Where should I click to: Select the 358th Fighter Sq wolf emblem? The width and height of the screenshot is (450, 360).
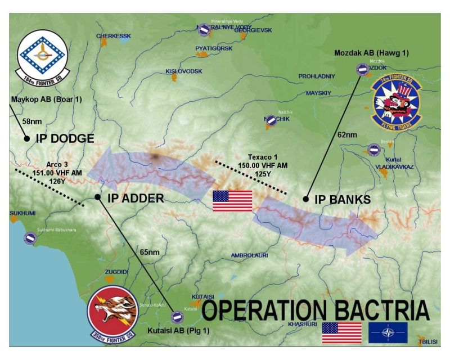tap(112, 313)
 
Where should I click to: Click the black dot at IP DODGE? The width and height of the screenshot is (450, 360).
tap(26, 138)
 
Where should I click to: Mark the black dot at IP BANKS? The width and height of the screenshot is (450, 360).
tap(306, 199)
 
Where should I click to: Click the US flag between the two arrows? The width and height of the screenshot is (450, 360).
tap(232, 201)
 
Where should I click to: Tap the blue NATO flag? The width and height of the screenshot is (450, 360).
tap(387, 332)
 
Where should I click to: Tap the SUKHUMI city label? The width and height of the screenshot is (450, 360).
tap(22, 214)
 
